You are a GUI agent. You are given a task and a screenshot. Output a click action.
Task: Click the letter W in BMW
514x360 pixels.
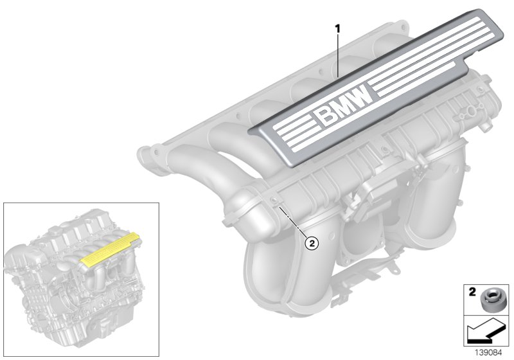click(x=361, y=97)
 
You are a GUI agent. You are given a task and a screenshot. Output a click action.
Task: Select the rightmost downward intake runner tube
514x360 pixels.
click(x=437, y=212)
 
